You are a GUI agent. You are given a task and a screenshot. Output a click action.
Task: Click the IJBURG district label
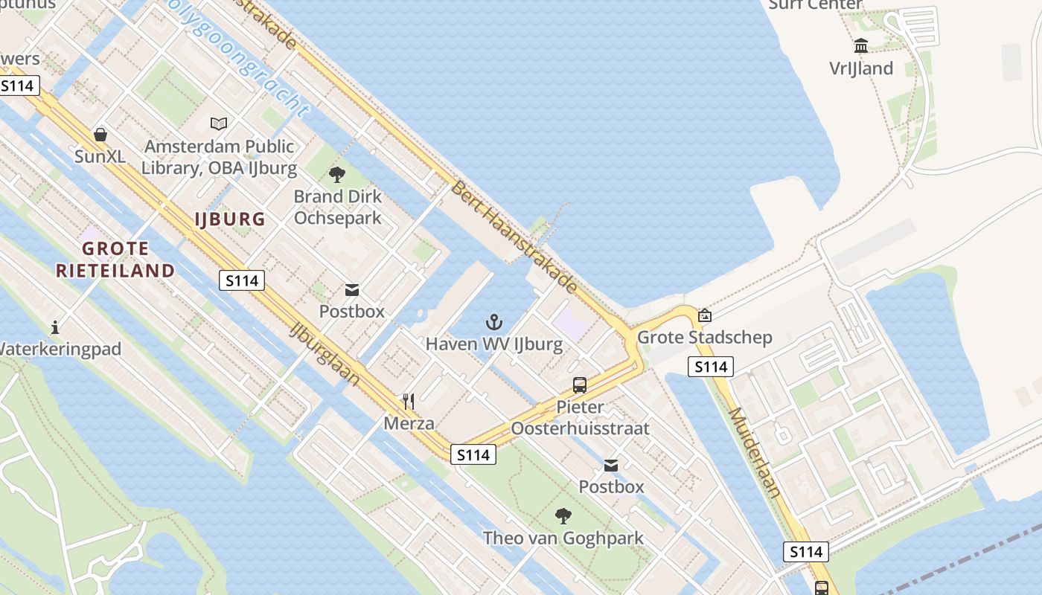230,219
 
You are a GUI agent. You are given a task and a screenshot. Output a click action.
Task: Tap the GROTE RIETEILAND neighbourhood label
115,260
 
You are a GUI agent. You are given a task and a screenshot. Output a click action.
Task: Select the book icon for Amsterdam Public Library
219,123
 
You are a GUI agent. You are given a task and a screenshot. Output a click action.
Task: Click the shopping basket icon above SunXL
100,135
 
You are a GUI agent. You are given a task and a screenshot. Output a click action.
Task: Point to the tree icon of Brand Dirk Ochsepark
337,175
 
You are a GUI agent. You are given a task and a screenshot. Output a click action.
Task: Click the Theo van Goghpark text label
563,538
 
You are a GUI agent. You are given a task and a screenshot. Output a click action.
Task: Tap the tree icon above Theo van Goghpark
563,515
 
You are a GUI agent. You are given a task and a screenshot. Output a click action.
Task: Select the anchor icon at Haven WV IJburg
494,322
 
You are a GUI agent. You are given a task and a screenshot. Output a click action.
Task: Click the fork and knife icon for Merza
409,402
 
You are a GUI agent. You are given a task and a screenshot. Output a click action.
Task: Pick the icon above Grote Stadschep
704,315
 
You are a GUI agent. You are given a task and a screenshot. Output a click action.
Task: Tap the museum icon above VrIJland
861,45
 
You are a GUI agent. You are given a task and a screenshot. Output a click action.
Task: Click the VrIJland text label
861,68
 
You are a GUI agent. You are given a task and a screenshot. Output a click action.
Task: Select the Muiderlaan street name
754,452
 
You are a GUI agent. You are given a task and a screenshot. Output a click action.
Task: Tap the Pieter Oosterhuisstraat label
580,418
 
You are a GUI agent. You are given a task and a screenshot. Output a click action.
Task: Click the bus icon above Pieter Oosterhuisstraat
580,385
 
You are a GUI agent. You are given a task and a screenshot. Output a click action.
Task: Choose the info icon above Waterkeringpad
54,327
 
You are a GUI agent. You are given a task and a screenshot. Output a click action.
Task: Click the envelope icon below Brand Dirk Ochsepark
351,289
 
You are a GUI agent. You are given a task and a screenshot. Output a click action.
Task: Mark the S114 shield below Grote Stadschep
710,366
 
